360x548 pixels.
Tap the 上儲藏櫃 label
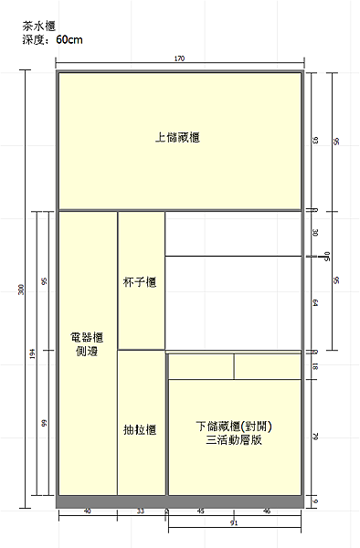point(178,138)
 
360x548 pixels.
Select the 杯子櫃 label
point(140,284)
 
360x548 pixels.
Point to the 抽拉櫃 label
point(140,429)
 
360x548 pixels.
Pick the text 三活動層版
point(235,440)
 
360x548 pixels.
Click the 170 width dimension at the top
point(179,58)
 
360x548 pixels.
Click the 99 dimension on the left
point(43,423)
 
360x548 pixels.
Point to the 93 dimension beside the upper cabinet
point(315,141)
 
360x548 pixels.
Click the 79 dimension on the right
point(315,437)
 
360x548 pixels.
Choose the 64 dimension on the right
point(315,302)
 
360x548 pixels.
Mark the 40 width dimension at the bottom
point(88,511)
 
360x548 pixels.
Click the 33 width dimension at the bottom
point(141,511)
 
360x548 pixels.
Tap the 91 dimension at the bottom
point(234,524)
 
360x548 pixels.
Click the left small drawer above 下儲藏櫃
point(201,365)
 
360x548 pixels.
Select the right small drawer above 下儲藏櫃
point(268,365)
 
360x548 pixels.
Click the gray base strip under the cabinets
point(179,501)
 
